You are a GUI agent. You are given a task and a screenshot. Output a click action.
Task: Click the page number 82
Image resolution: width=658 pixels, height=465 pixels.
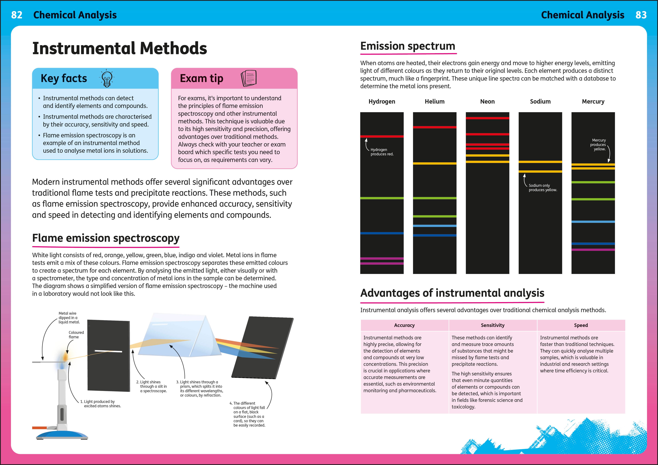(17, 15)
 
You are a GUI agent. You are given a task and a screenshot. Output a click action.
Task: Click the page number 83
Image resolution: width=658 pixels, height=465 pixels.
(641, 15)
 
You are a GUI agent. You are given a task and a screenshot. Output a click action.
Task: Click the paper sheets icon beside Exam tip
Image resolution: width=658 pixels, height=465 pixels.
(249, 78)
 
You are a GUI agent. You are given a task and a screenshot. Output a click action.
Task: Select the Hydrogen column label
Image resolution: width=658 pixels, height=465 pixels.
(382, 101)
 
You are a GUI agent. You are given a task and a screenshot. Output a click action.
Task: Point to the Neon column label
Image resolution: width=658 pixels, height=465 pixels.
(487, 101)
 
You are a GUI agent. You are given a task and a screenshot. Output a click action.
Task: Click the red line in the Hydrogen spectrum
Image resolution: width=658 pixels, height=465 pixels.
(382, 137)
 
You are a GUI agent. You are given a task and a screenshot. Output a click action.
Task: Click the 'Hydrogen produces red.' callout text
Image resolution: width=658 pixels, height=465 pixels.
(382, 152)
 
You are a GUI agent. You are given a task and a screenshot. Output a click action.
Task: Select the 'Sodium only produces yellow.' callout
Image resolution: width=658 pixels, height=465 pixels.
(543, 188)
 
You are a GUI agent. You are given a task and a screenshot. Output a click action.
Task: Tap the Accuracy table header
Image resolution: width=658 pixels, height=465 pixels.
(404, 325)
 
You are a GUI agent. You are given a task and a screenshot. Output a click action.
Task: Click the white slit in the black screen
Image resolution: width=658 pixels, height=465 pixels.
(108, 351)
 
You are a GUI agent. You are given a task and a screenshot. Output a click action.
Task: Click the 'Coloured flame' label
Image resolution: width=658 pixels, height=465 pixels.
(76, 335)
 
